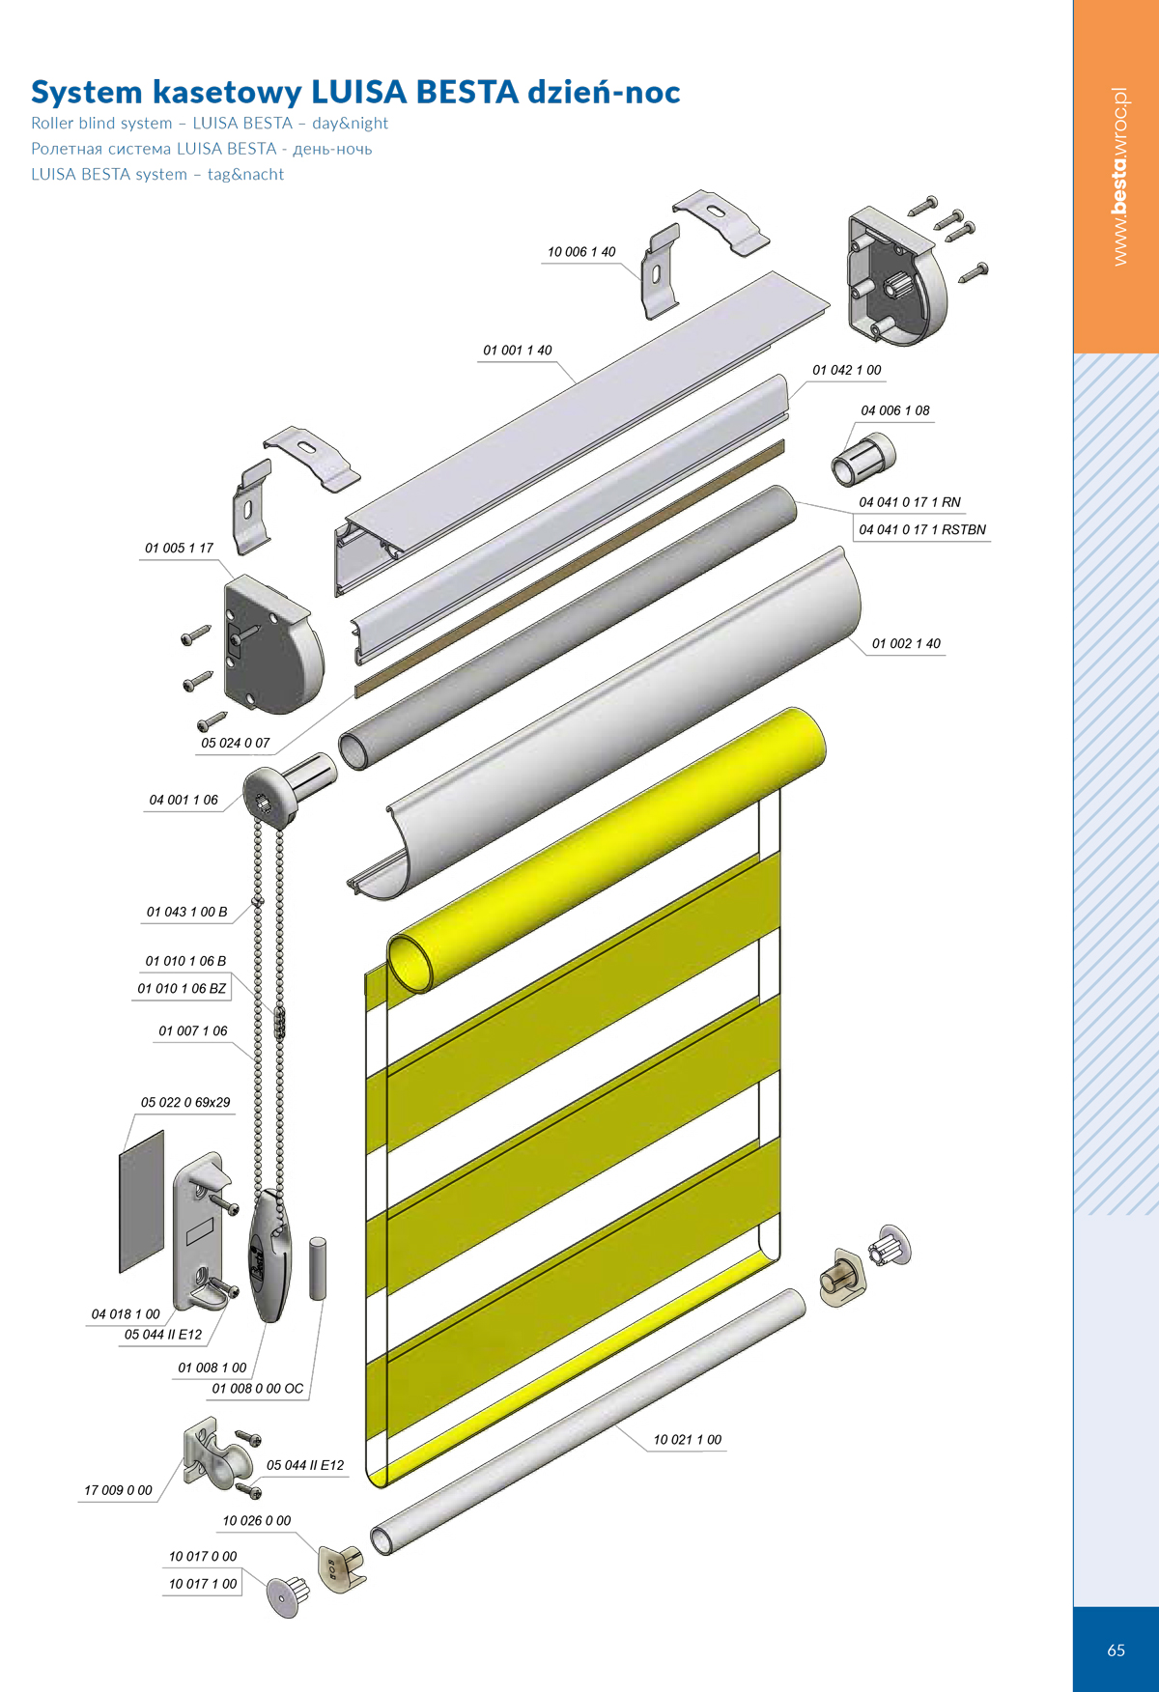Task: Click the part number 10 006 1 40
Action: click(581, 252)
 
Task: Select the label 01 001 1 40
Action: click(518, 351)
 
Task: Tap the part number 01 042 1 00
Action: click(847, 370)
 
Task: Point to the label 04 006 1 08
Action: click(895, 410)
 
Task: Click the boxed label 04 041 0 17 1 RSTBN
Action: click(922, 529)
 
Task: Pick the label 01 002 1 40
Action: click(906, 643)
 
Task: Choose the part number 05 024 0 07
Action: click(236, 743)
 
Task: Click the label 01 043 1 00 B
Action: click(187, 912)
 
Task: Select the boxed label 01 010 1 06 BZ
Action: click(182, 988)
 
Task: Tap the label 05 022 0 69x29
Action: click(185, 1102)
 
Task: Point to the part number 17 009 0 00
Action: click(118, 1490)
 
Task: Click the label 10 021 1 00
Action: click(688, 1439)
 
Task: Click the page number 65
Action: click(1117, 1650)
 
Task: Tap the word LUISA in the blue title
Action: click(358, 92)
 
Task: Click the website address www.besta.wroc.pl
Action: click(1119, 177)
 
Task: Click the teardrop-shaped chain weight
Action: click(269, 1255)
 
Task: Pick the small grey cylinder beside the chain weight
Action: click(318, 1268)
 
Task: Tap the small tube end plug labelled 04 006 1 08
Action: click(862, 459)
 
